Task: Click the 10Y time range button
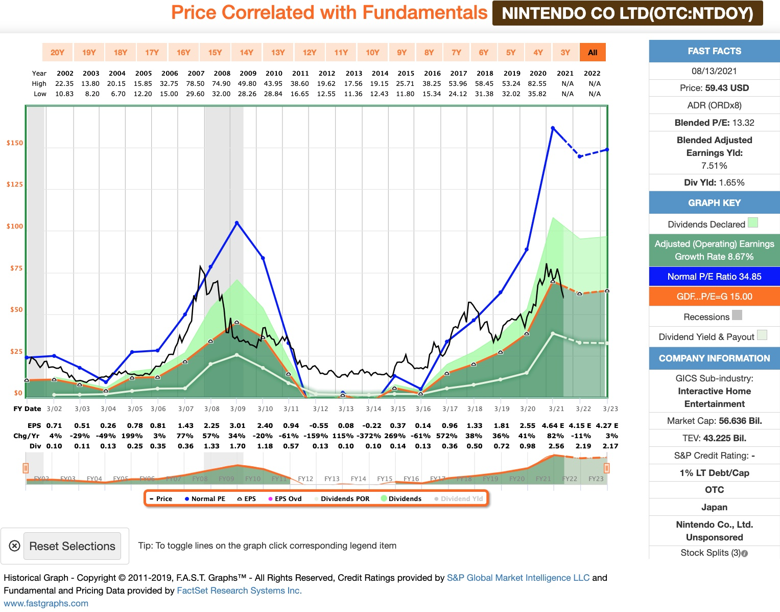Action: [372, 52]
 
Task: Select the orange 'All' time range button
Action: [593, 52]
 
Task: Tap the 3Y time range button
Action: [565, 52]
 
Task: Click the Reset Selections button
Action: [72, 546]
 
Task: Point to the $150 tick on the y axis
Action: [14, 143]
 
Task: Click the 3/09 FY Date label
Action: [238, 409]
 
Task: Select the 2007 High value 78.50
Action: [195, 83]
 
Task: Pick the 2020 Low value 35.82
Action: [537, 94]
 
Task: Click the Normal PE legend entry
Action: [205, 498]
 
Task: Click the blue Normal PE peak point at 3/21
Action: [553, 128]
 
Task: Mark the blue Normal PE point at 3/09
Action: [237, 223]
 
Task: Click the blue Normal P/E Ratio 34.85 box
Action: [714, 277]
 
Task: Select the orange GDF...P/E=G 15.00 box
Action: [714, 297]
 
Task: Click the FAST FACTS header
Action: [714, 51]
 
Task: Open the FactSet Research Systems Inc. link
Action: [239, 591]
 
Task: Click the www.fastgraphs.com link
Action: [46, 603]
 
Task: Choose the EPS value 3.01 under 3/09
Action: [238, 425]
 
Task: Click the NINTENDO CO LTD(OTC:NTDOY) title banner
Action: [627, 13]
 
